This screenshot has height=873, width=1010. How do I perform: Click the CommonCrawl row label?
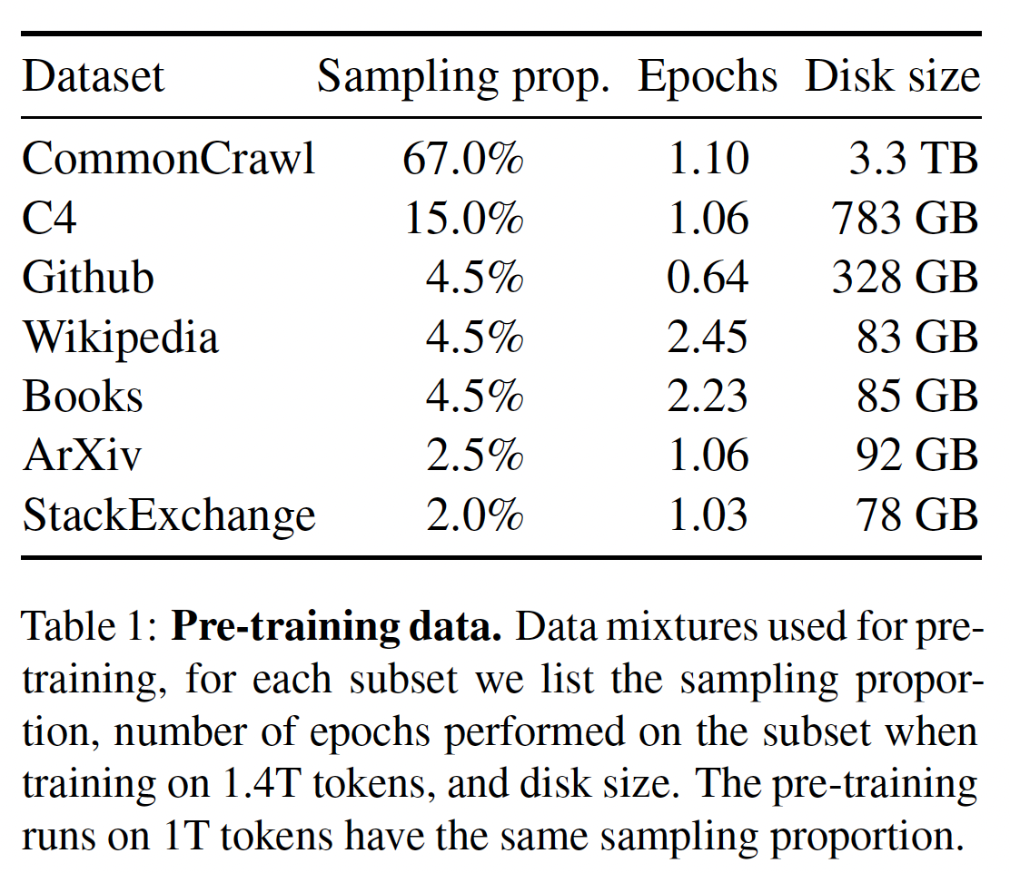tap(169, 159)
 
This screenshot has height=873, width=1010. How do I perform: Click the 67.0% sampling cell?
tap(463, 159)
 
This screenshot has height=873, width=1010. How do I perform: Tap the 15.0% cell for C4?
tap(463, 219)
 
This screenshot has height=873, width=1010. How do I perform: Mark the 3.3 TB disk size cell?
tap(915, 159)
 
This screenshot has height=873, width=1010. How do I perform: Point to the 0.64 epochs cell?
tap(708, 278)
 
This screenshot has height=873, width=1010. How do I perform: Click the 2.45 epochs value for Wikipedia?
tap(708, 338)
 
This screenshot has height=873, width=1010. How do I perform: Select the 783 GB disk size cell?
tap(905, 219)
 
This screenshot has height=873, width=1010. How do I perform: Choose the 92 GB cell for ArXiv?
tap(915, 456)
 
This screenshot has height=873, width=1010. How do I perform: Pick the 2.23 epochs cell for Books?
tap(708, 397)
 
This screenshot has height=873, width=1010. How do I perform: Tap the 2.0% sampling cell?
tap(474, 515)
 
